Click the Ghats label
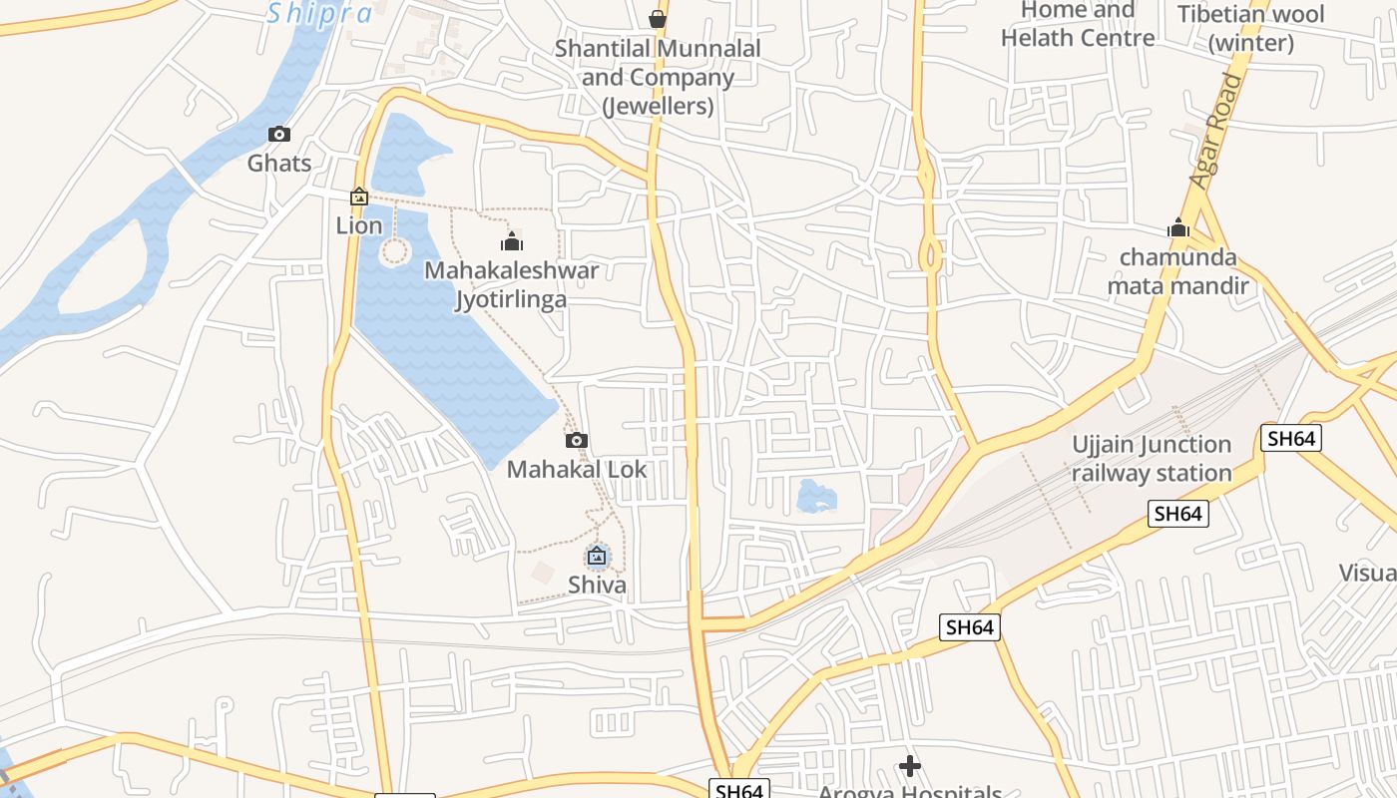tap(279, 163)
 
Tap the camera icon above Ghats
tap(279, 135)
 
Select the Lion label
tap(359, 225)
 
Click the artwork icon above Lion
tap(359, 198)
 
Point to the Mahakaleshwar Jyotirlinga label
tap(512, 284)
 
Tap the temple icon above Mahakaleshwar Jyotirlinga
tap(512, 241)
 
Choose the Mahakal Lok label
tap(577, 469)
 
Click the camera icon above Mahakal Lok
tap(577, 440)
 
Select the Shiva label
tap(597, 585)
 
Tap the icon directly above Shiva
tap(597, 556)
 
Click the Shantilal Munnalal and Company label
tap(658, 77)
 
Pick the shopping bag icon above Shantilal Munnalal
tap(658, 19)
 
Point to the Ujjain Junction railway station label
tap(1152, 459)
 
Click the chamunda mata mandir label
tap(1177, 271)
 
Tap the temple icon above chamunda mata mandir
tap(1178, 228)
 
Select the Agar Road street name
tap(1217, 131)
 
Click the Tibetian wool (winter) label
tap(1250, 29)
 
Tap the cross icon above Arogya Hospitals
tap(909, 766)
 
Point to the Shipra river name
tap(320, 14)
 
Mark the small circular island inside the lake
tap(395, 251)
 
